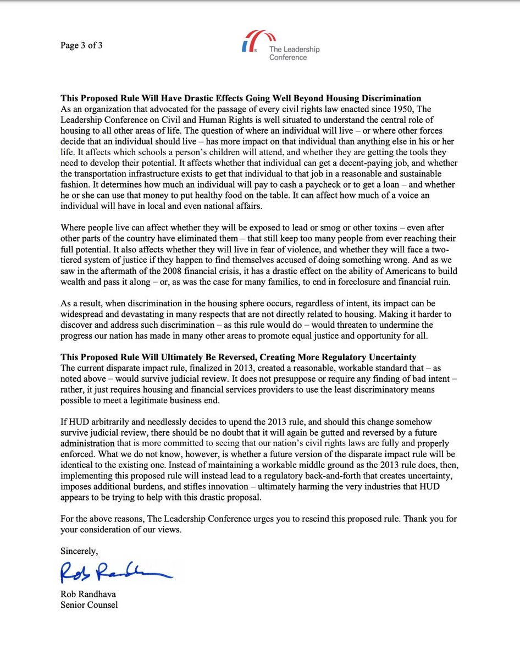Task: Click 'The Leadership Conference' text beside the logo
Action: pos(294,53)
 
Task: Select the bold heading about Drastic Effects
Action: pos(241,99)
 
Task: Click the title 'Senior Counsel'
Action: pos(89,605)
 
